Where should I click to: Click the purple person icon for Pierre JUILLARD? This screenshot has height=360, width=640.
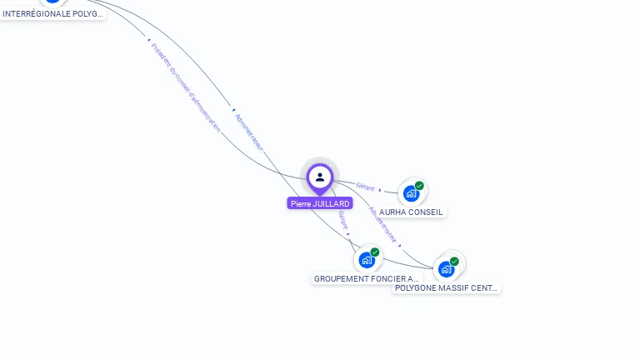(320, 177)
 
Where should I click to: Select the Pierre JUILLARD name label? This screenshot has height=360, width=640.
(320, 203)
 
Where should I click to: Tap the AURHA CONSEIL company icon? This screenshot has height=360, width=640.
(410, 193)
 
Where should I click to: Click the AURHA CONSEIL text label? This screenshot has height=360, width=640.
(411, 212)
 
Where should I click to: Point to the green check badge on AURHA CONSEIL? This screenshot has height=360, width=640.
(419, 186)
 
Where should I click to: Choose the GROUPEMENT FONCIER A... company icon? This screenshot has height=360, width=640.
(366, 260)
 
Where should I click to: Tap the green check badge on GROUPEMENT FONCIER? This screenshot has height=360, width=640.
(375, 252)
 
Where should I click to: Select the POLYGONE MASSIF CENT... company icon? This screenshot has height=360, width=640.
(446, 268)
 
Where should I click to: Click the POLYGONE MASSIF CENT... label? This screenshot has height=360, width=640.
(447, 288)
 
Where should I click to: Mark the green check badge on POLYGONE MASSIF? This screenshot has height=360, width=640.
(454, 261)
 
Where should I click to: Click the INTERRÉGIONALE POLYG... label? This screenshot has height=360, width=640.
(53, 13)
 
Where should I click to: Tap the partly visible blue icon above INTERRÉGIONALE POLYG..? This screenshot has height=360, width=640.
(52, 2)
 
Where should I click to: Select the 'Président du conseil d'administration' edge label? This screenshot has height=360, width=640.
(187, 87)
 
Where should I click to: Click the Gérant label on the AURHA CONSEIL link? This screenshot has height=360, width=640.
(365, 186)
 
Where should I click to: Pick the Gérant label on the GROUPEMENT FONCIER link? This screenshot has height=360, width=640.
(342, 220)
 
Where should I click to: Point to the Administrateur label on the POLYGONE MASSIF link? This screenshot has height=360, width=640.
(383, 223)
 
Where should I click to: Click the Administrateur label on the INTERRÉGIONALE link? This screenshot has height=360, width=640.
(249, 133)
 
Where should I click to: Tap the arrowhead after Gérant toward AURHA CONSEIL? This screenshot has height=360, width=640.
(381, 190)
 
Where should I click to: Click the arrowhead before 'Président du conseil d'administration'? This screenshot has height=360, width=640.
(148, 39)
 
